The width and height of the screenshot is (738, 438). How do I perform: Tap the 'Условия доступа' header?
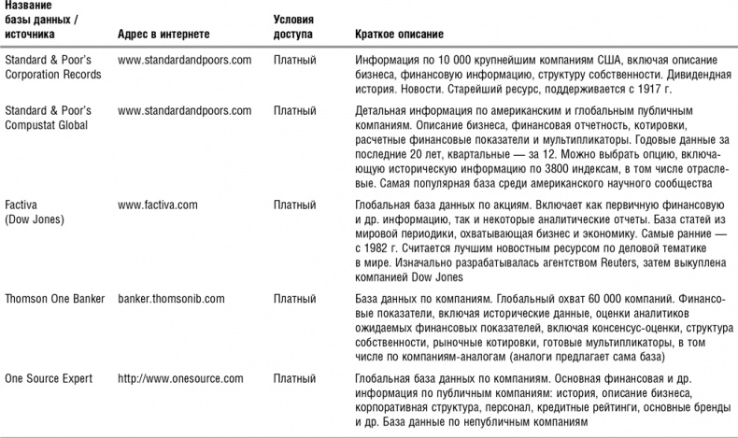(293, 27)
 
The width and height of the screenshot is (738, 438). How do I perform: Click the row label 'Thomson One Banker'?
(50, 299)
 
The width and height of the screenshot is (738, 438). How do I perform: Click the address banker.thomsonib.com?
(171, 299)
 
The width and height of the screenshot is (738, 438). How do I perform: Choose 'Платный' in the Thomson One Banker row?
(294, 299)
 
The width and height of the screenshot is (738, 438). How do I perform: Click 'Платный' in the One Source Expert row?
(294, 378)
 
